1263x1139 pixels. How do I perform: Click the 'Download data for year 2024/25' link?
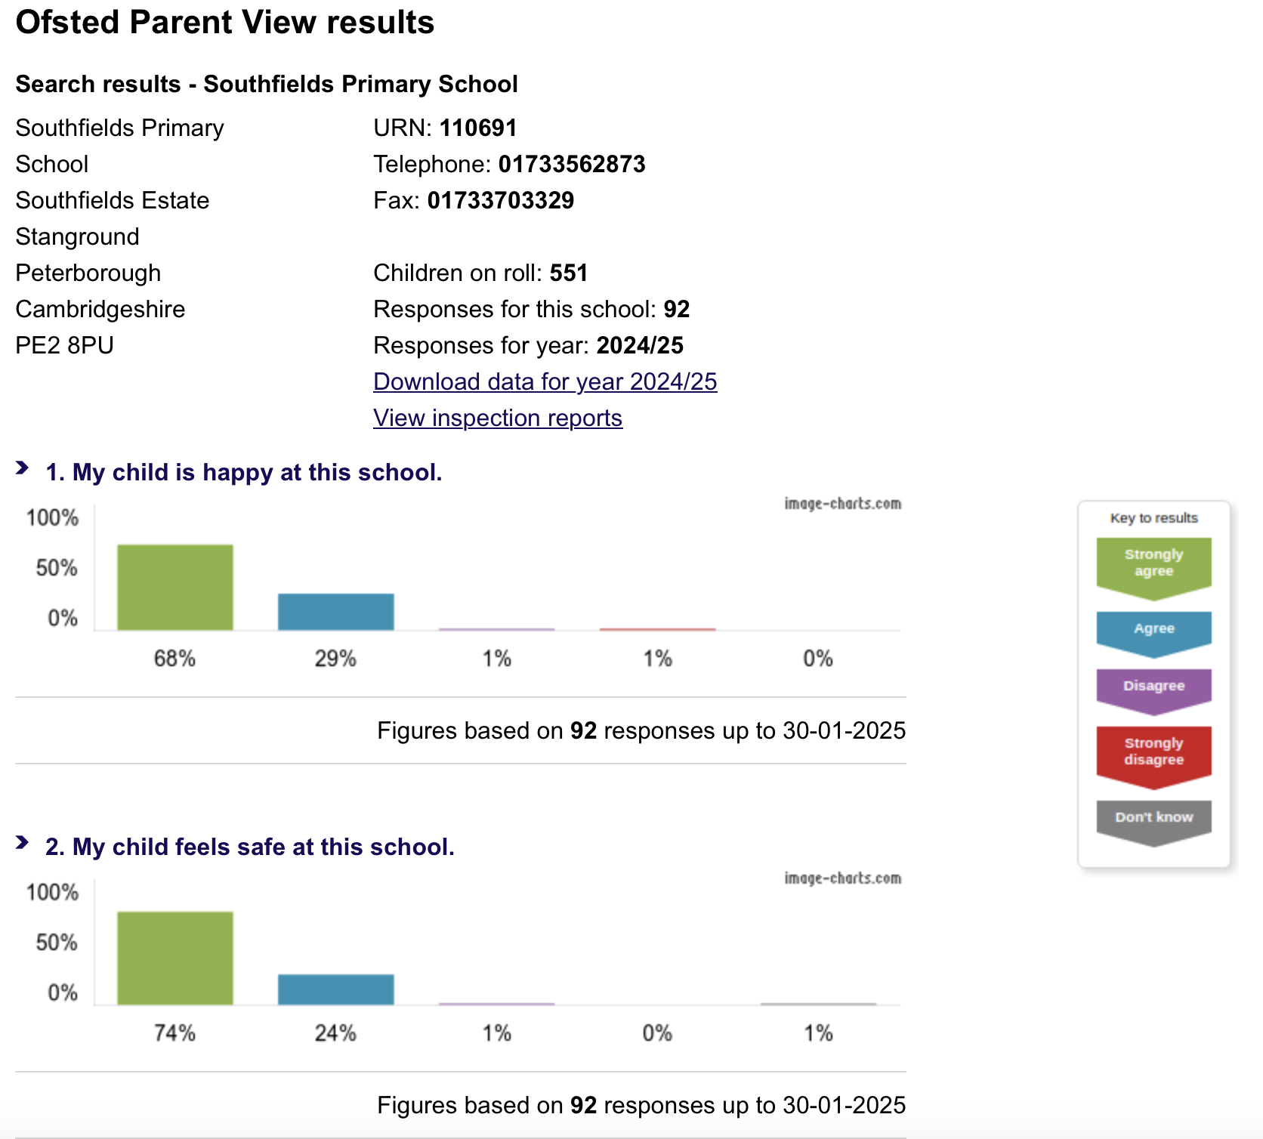[545, 381]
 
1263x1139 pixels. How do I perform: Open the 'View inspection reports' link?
[497, 418]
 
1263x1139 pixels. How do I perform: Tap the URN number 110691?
[478, 128]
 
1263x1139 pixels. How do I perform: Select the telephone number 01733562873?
[572, 164]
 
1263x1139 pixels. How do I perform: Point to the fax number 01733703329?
[500, 200]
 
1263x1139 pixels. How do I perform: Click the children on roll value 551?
[568, 273]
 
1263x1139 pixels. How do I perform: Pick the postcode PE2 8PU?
[64, 345]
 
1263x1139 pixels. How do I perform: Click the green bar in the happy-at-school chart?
[174, 587]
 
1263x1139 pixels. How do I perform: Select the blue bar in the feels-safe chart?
[335, 989]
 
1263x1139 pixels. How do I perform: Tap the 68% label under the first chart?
[174, 659]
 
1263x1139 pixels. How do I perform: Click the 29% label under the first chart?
[335, 659]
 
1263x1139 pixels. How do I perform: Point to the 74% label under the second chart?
[174, 1033]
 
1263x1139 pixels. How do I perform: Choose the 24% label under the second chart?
[335, 1033]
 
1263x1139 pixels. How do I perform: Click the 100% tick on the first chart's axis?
[52, 518]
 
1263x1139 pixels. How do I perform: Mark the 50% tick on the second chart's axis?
[57, 943]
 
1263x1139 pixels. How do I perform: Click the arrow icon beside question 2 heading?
[23, 843]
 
